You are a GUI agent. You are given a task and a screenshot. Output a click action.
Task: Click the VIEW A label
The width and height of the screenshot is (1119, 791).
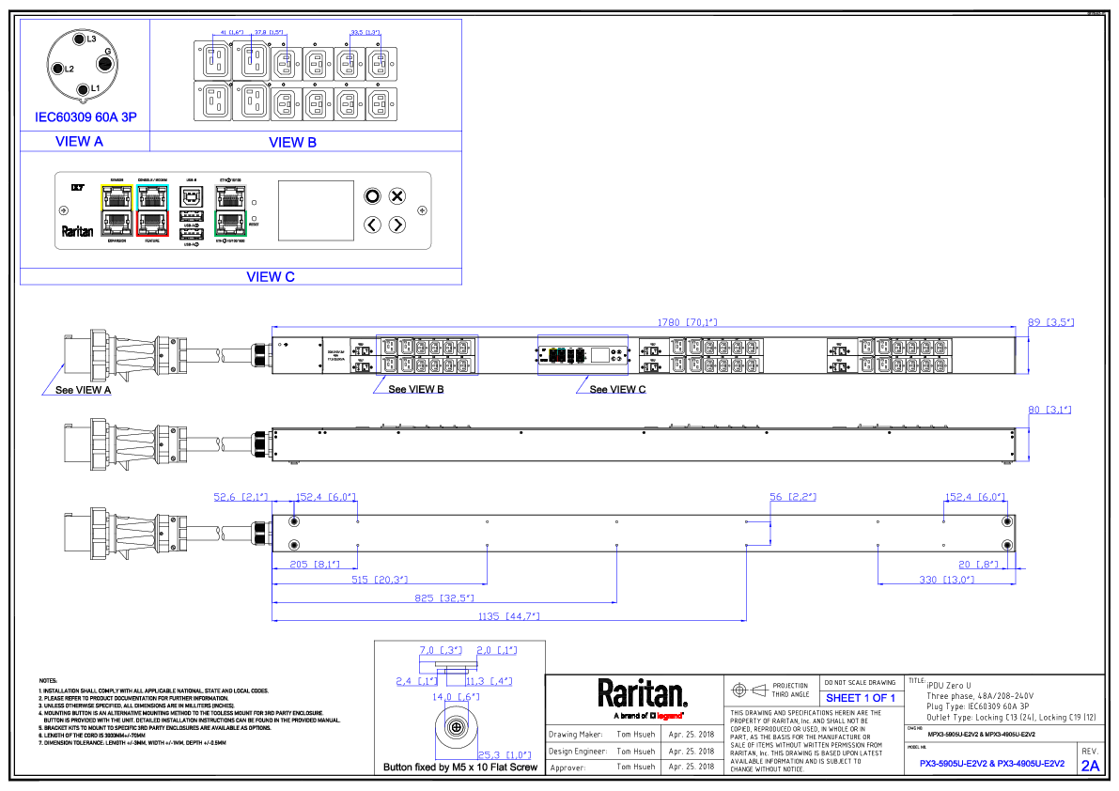(80, 142)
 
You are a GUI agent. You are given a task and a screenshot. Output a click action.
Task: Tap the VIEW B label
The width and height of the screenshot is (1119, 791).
(292, 143)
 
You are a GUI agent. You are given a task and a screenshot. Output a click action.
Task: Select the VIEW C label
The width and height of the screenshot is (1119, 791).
(271, 276)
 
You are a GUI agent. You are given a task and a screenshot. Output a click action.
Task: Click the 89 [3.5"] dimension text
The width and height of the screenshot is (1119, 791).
(1049, 322)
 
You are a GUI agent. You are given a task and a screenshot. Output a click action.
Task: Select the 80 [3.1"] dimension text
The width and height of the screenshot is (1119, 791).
(1049, 410)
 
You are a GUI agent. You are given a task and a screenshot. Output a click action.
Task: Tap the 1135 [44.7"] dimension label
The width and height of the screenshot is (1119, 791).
(508, 616)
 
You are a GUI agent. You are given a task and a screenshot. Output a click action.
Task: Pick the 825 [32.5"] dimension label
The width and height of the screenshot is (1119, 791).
(443, 597)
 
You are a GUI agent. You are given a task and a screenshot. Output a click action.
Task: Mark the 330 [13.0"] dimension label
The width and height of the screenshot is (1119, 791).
(946, 580)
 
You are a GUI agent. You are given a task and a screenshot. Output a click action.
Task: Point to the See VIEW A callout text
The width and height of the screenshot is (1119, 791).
(83, 390)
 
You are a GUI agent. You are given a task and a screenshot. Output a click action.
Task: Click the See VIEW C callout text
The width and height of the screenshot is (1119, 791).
(617, 389)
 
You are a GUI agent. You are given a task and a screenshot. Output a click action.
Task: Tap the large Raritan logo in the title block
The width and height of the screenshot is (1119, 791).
(643, 694)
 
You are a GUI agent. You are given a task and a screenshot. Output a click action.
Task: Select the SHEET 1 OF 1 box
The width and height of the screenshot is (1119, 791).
(861, 698)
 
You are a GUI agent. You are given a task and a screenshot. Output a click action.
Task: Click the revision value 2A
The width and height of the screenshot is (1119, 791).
(1090, 766)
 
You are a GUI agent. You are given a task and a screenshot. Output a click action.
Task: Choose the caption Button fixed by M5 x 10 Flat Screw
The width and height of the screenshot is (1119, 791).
(459, 768)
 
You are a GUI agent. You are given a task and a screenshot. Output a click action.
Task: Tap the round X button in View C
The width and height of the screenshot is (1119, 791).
(397, 196)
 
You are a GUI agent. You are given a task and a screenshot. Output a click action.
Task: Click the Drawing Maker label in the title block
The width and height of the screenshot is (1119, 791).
(575, 735)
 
